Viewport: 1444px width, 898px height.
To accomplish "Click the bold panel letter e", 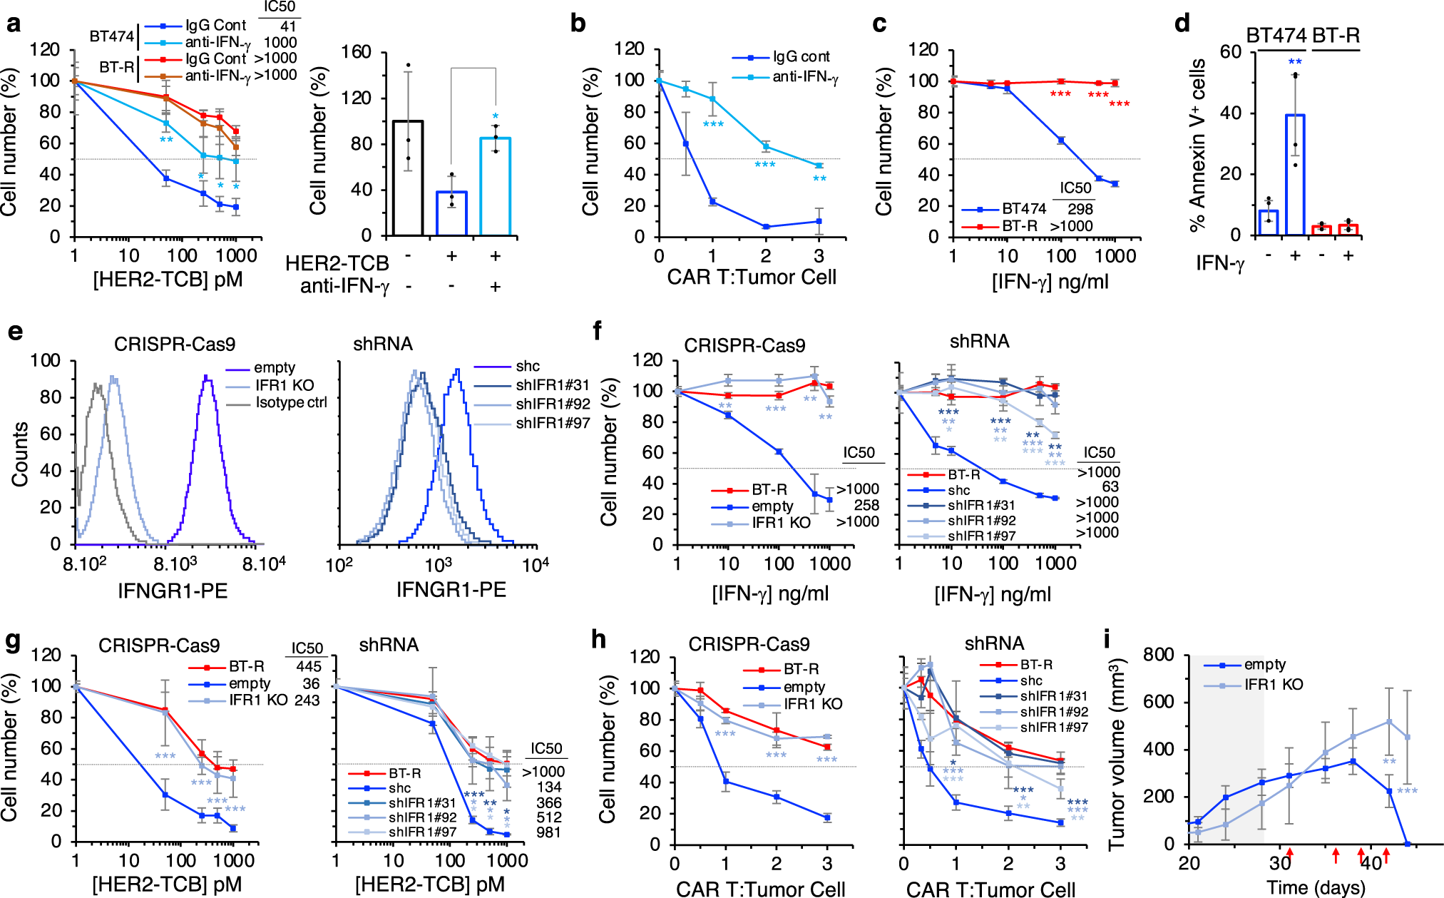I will [x=14, y=332].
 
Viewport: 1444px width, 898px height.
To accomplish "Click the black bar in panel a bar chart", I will [x=408, y=178].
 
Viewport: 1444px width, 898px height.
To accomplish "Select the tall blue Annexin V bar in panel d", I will [x=1295, y=175].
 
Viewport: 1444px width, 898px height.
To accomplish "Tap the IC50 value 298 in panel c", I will [x=1080, y=209].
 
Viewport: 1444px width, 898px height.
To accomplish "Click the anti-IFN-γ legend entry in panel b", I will [x=804, y=76].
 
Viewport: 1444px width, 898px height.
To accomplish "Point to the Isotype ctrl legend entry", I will [x=290, y=403].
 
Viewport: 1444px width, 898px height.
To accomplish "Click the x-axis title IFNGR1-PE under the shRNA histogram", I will [x=451, y=590].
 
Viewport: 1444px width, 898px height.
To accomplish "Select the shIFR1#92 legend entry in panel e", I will [x=553, y=404].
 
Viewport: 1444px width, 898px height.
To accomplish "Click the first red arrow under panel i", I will [x=1290, y=854].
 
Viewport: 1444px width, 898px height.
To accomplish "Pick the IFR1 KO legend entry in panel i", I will [x=1273, y=685].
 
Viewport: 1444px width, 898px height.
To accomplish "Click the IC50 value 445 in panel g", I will [x=308, y=667].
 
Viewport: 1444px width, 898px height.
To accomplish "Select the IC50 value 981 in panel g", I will [x=548, y=832].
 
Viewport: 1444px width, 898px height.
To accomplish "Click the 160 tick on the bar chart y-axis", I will [x=356, y=52].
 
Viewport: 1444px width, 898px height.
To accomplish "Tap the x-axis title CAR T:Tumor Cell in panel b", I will [x=751, y=277].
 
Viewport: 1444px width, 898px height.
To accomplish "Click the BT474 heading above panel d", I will [x=1276, y=35].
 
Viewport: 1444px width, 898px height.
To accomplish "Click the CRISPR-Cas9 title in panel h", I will [x=749, y=645].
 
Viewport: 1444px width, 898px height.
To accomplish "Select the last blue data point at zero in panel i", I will [x=1407, y=844].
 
